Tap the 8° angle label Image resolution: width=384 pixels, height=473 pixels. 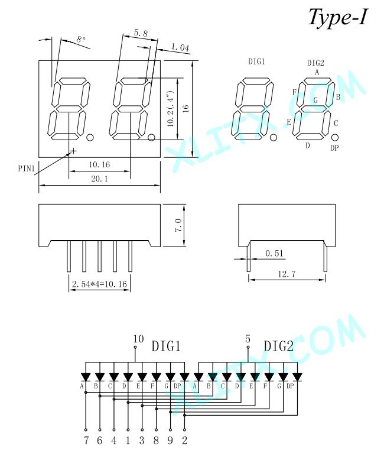click(x=81, y=40)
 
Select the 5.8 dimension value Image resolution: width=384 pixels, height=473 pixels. click(x=141, y=33)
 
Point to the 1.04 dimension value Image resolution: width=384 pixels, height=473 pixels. click(x=180, y=47)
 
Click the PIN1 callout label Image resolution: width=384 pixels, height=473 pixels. click(x=27, y=169)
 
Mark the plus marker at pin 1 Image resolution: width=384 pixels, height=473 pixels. click(x=73, y=151)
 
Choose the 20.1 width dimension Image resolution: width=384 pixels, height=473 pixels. click(x=99, y=179)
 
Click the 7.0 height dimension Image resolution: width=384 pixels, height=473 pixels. click(x=178, y=225)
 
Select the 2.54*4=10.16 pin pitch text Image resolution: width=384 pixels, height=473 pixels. click(x=99, y=284)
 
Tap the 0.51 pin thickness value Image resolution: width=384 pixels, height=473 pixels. click(x=274, y=253)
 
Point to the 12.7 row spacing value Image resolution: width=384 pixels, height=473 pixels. click(x=287, y=274)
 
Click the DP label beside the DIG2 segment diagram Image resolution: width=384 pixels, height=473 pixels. click(x=334, y=148)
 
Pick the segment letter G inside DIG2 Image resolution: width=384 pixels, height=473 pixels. click(x=315, y=100)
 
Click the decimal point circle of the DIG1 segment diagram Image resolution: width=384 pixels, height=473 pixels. click(x=273, y=137)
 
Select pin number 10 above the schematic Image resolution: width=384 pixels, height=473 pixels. click(x=138, y=339)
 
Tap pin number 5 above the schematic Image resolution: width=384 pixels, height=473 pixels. click(x=248, y=339)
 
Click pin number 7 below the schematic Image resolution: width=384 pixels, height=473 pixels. click(x=86, y=440)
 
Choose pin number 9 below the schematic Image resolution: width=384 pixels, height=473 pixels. click(x=170, y=440)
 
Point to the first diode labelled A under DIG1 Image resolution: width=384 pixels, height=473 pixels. click(x=86, y=377)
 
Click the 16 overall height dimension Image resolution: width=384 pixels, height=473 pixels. click(x=186, y=109)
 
